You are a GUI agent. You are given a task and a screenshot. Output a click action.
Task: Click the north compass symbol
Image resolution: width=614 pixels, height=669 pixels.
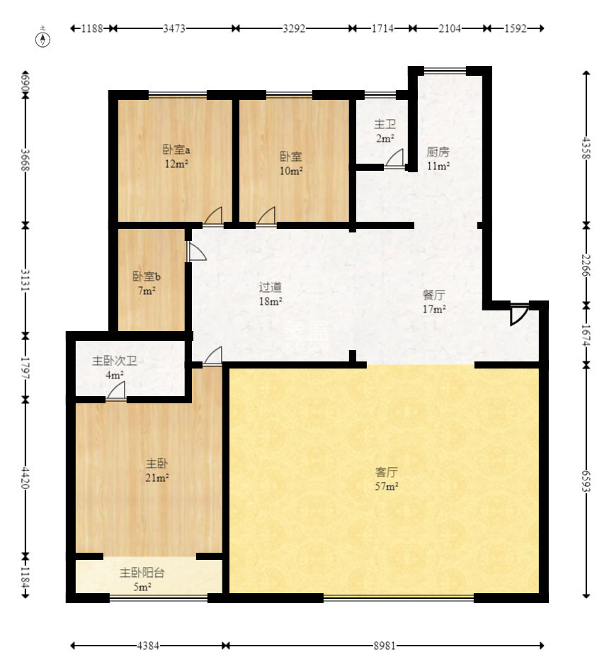42,38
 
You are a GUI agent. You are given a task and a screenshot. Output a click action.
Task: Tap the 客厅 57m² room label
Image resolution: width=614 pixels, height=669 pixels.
387,478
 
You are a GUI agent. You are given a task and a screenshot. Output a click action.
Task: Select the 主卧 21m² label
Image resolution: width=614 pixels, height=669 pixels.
157,470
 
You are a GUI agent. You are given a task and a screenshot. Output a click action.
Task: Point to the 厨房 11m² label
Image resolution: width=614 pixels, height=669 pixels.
438,158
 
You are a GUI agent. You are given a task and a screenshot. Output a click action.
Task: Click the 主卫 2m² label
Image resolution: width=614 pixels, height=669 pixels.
385,131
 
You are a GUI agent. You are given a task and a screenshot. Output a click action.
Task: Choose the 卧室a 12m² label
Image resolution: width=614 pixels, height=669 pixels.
176,156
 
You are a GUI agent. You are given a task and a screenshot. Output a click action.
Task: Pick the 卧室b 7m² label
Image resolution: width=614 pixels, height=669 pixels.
147,283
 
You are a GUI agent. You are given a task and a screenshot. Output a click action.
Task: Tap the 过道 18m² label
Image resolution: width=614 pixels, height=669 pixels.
271,294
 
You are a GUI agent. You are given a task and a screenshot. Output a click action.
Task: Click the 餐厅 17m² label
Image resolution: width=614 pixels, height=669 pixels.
434,302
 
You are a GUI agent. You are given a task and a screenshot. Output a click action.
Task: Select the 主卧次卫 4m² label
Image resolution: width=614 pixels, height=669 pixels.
115,368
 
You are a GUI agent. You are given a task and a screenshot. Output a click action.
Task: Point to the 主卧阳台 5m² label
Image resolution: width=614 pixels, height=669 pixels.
142,580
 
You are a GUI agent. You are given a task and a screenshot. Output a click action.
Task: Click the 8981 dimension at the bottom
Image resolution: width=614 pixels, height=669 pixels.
385,646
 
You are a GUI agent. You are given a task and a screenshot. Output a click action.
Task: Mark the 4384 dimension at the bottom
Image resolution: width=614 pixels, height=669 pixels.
148,646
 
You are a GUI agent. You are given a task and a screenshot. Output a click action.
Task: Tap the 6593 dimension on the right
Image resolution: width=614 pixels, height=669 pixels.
586,480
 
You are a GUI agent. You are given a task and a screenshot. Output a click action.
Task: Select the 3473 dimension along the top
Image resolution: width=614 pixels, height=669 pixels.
174,28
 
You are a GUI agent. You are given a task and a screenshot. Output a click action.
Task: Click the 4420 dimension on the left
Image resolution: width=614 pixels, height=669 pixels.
25,478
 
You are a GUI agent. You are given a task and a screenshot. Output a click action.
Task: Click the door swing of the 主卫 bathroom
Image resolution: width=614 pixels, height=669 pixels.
395,157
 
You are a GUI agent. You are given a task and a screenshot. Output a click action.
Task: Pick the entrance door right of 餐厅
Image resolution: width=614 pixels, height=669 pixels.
519,315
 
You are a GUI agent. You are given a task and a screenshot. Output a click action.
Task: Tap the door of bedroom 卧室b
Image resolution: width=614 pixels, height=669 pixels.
197,252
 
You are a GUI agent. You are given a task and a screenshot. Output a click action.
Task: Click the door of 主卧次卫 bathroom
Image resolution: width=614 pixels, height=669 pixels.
116,390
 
